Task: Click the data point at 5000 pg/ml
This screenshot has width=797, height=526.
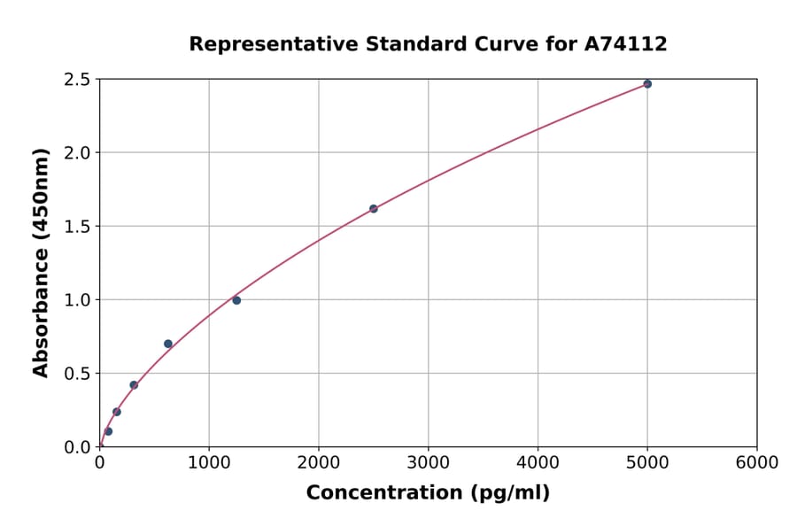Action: click(x=647, y=84)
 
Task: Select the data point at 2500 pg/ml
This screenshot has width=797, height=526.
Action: click(x=374, y=209)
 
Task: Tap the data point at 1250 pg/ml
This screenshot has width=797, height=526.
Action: click(x=236, y=300)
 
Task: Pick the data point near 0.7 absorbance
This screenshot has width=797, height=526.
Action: click(x=168, y=344)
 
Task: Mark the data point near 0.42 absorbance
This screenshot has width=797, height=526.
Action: click(x=134, y=385)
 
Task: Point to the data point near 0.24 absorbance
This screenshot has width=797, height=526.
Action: click(x=117, y=412)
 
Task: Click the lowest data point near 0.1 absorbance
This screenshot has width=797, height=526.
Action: click(x=108, y=431)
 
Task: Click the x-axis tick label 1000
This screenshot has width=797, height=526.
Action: click(x=209, y=463)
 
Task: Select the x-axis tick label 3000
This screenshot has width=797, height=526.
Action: click(x=429, y=463)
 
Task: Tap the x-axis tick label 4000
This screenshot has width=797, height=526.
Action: click(x=538, y=463)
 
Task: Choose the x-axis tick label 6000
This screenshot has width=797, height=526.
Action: click(x=757, y=463)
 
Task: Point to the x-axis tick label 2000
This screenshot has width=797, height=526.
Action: click(x=319, y=463)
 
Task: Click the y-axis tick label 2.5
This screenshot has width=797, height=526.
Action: click(x=78, y=80)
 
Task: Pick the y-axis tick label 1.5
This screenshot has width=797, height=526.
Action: click(x=78, y=227)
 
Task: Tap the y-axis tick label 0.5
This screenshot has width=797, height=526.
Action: click(x=78, y=374)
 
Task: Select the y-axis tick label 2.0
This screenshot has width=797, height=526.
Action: click(x=78, y=153)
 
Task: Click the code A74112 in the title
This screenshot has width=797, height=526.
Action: click(x=625, y=44)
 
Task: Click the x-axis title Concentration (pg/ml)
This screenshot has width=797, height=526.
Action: click(x=428, y=493)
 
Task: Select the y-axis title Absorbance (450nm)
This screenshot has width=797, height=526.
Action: click(x=41, y=263)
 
